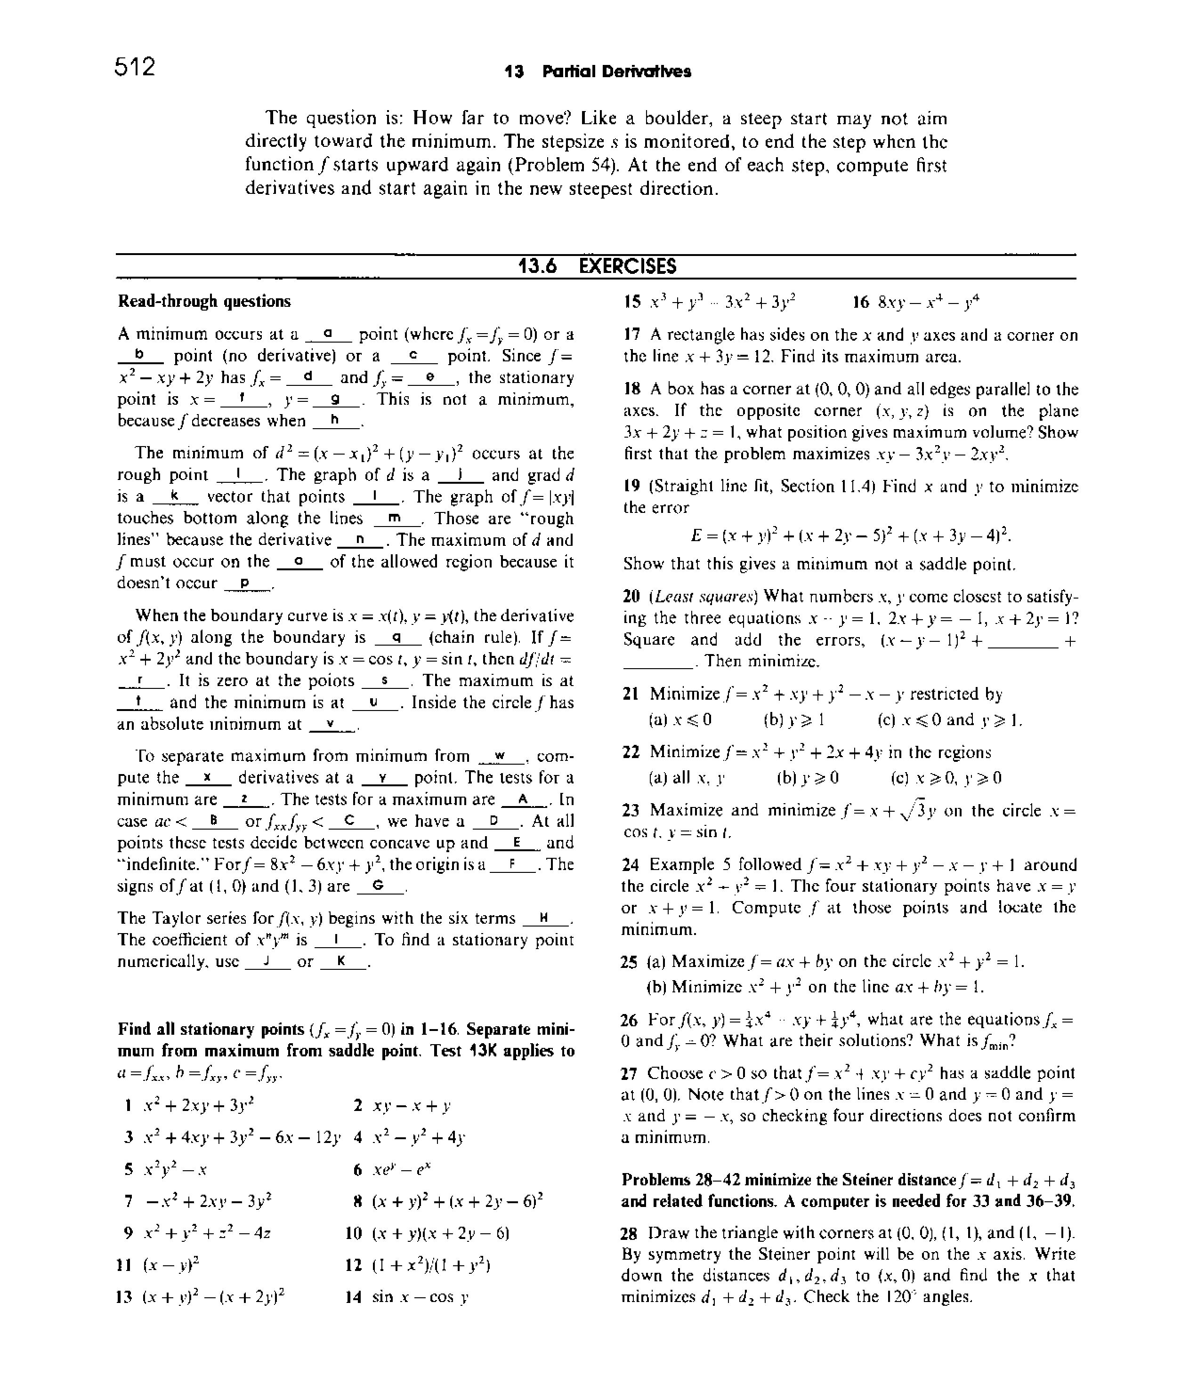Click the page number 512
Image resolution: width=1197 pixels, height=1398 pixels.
(x=135, y=67)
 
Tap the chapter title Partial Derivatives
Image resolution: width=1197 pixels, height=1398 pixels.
(x=616, y=72)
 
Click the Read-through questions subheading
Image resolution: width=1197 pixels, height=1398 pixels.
(x=204, y=301)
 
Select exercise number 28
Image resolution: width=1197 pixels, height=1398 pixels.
(x=629, y=1233)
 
